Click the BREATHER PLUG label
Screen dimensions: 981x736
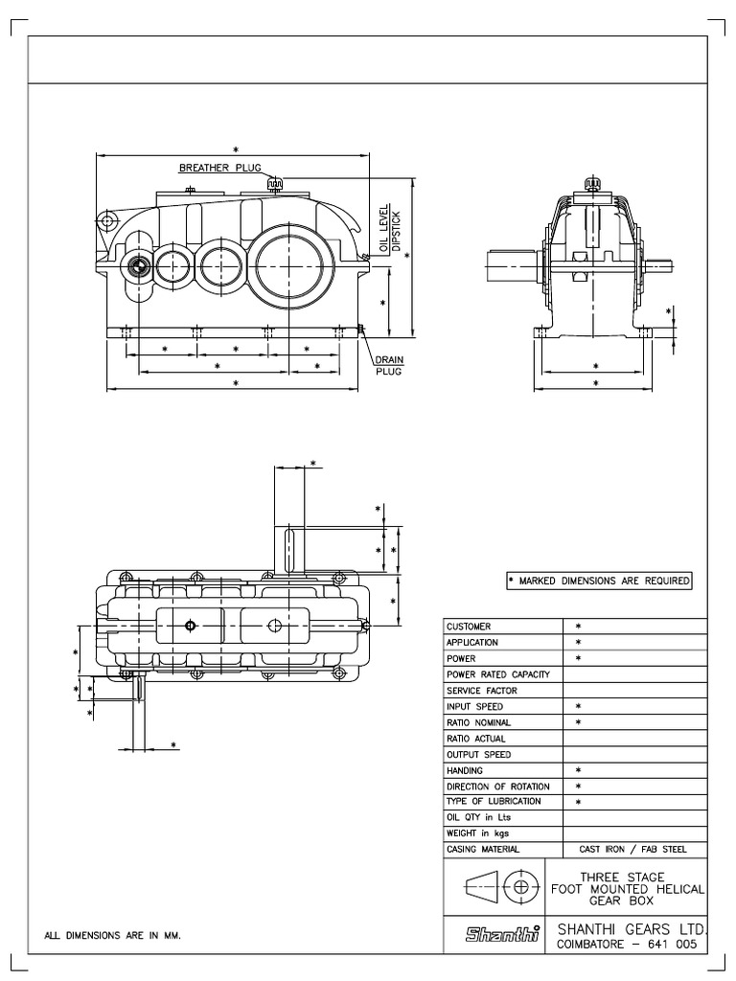click(219, 168)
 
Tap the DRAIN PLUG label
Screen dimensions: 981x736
click(388, 366)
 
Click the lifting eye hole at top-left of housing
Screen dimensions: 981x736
click(107, 220)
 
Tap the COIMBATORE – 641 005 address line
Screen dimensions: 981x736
click(626, 945)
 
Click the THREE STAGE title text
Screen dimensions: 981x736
click(628, 877)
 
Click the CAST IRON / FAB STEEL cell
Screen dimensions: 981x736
click(633, 850)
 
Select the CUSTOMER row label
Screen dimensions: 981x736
click(469, 626)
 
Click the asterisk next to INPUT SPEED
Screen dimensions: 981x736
click(578, 706)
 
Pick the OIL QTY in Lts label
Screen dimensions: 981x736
click(479, 817)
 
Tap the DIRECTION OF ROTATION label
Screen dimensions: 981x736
click(497, 787)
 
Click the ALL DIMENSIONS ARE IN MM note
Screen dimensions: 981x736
click(113, 935)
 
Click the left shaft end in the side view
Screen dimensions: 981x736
click(508, 265)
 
